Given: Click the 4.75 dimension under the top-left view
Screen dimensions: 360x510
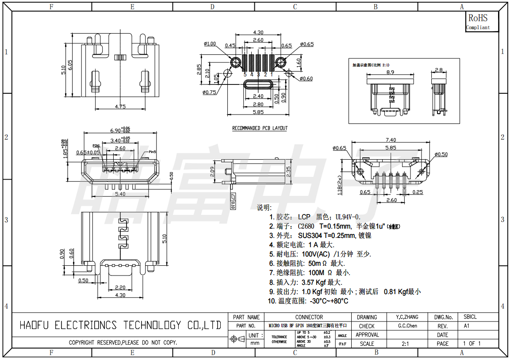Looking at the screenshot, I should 120,106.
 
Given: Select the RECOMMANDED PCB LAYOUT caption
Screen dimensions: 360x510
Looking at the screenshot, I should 260,128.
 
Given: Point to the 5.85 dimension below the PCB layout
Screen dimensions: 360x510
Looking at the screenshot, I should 258,112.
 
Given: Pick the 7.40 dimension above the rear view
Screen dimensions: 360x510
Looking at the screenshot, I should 391,140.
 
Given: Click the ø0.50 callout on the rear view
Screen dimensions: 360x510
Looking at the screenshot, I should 441,154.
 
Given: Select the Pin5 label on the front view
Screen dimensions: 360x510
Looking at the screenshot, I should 152,152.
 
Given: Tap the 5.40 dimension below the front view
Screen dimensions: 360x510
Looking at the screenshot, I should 119,194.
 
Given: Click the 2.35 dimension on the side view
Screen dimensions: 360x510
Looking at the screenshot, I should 288,172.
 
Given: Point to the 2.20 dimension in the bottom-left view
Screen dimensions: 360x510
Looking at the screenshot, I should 120,287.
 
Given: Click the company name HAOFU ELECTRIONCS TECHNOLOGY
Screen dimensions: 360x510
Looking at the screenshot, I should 120,326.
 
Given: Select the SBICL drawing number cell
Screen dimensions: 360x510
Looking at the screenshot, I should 470,317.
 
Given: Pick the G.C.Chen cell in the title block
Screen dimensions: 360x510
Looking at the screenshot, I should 407,326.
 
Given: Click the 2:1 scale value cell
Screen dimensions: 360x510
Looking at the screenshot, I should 405,344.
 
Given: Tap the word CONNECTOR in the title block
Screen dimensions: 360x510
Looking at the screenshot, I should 309,317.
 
